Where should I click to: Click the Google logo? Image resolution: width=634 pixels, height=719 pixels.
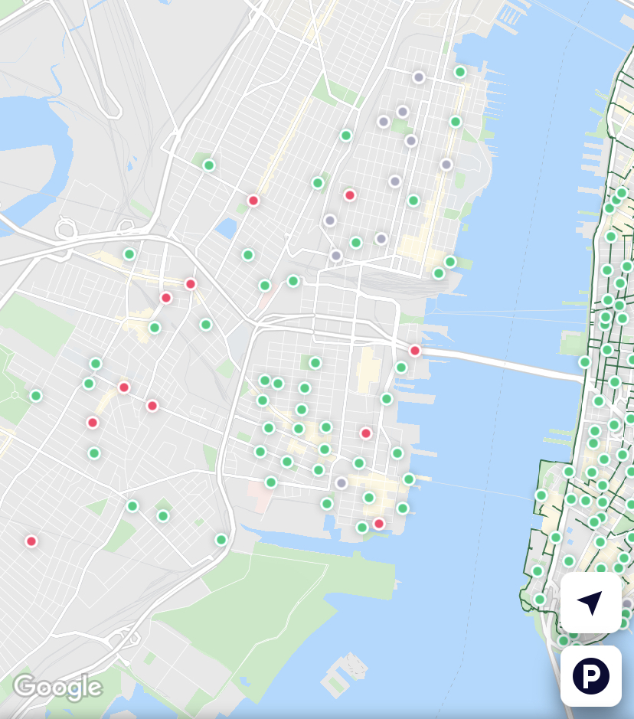[x=57, y=687]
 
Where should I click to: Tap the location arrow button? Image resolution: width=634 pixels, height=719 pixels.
[x=590, y=603]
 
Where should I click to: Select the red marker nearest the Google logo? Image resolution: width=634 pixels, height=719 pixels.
[x=31, y=541]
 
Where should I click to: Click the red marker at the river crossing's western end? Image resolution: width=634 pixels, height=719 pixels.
[x=415, y=351]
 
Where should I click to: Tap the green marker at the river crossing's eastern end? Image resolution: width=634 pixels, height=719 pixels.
[x=585, y=362]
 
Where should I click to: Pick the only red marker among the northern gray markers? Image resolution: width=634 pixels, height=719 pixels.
[x=350, y=195]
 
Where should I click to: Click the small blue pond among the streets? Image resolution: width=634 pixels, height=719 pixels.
[x=227, y=227]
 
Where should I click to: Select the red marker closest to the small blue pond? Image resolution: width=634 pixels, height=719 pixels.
[x=253, y=201]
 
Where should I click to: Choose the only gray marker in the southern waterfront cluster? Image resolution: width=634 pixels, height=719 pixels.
[x=342, y=483]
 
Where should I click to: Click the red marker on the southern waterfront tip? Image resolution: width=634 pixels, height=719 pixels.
[x=378, y=524]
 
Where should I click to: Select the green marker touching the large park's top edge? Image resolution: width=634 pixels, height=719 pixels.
[x=221, y=540]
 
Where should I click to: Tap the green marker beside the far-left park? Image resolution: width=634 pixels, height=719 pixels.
[x=36, y=396]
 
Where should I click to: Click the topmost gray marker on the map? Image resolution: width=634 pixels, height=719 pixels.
[x=419, y=77]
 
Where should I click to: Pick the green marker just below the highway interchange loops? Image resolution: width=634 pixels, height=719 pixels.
[x=129, y=254]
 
